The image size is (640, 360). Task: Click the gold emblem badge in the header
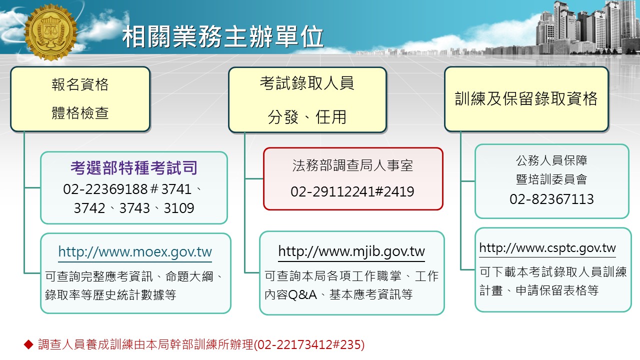(51, 32)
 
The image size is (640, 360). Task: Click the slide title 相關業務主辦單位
(223, 36)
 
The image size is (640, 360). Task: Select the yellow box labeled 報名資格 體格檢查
(80, 99)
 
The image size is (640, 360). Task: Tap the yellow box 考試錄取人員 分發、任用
(307, 100)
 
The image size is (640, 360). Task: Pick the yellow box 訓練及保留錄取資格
(526, 99)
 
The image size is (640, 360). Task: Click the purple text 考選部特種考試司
(134, 167)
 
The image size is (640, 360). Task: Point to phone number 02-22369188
(105, 189)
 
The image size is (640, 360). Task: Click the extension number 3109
(179, 208)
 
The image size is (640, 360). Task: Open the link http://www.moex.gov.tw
(135, 252)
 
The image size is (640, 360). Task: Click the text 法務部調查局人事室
(352, 165)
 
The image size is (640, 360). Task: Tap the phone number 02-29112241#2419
(352, 191)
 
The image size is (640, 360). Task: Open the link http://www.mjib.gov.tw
(351, 251)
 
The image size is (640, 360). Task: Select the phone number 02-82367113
(551, 199)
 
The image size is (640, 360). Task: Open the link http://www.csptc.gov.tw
(547, 248)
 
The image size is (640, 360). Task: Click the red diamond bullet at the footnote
(28, 344)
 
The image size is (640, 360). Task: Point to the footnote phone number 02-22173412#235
(309, 344)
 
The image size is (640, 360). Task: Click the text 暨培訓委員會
(551, 179)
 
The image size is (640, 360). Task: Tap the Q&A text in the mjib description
(302, 294)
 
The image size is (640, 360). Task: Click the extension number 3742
(89, 208)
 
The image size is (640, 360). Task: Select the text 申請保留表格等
(557, 290)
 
